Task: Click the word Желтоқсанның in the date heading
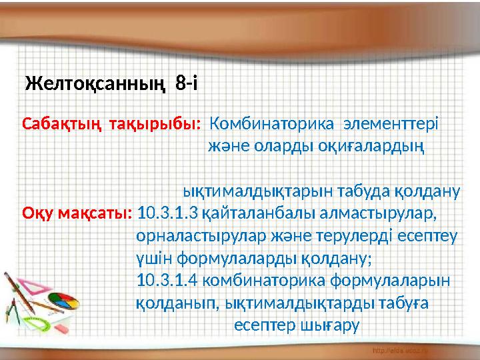point(95,85)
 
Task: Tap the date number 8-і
point(185,84)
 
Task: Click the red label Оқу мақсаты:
point(77,214)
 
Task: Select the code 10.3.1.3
point(167,214)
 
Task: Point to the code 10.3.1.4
point(167,281)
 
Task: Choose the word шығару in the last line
point(329,325)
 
